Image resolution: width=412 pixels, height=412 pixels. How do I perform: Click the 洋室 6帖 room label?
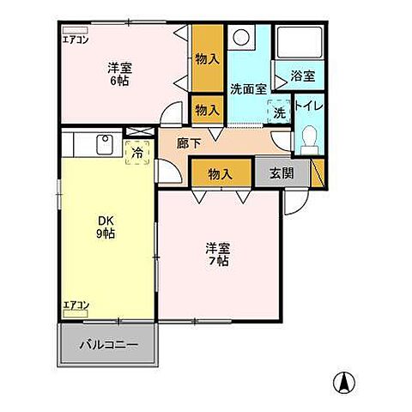(118, 74)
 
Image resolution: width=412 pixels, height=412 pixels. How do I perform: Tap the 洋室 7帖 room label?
(216, 255)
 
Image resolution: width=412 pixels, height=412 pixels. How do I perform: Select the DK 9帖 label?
(104, 225)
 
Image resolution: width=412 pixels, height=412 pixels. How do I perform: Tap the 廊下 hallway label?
(189, 144)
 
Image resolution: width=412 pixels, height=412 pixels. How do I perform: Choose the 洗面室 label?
(248, 88)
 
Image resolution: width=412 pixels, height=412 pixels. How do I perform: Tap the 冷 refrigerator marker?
(137, 153)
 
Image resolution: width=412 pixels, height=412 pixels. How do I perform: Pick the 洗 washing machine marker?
(279, 112)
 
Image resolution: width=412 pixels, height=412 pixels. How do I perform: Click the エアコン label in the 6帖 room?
(75, 38)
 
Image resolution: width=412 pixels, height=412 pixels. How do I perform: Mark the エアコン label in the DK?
(76, 304)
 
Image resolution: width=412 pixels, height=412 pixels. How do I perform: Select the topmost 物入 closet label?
(206, 58)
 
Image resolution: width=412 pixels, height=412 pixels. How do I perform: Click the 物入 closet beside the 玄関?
(221, 173)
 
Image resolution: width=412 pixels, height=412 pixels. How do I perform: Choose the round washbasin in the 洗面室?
(242, 38)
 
